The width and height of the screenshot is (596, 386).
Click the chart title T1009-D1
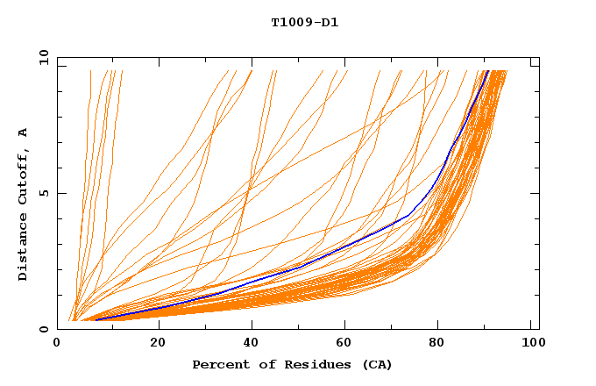pyautogui.click(x=305, y=22)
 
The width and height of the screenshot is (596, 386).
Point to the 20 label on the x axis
pyautogui.click(x=158, y=343)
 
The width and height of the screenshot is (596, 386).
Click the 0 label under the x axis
pyautogui.click(x=58, y=343)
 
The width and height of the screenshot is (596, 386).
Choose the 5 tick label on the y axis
pyautogui.click(x=43, y=193)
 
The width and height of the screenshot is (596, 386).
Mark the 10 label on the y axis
pyautogui.click(x=39, y=58)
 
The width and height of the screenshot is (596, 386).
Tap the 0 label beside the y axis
pyautogui.click(x=43, y=329)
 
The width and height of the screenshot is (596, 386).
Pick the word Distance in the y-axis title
pyautogui.click(x=23, y=249)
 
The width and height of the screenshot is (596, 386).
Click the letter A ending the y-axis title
pyautogui.click(x=23, y=133)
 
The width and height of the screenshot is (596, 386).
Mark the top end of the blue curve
pyautogui.click(x=487, y=71)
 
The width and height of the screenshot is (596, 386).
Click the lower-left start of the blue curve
pyautogui.click(x=96, y=319)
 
